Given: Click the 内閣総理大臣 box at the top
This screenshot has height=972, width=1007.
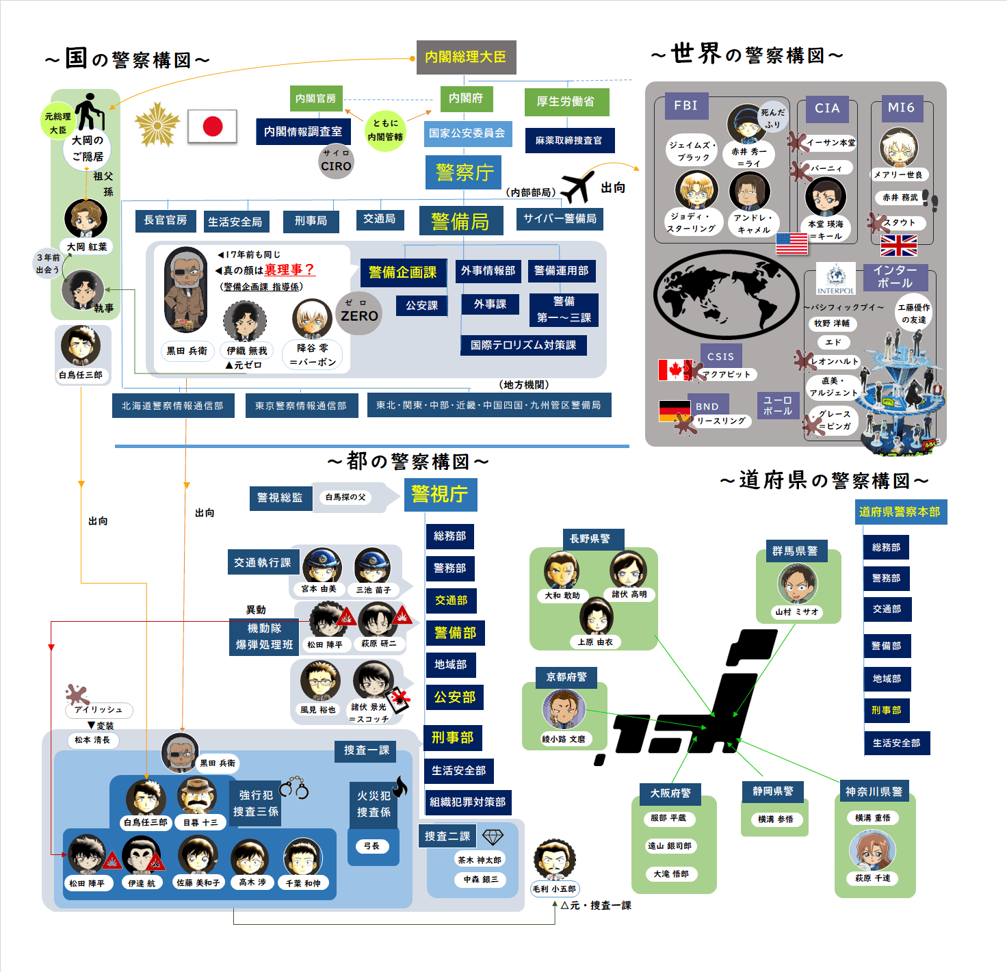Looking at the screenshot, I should click(x=466, y=57).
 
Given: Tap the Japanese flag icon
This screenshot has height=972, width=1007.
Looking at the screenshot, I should click(x=212, y=127).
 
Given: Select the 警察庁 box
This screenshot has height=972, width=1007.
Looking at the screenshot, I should click(x=464, y=172).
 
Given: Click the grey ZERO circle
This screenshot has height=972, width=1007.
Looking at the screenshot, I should click(x=359, y=313).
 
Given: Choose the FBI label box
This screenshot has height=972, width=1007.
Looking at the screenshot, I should click(x=685, y=106).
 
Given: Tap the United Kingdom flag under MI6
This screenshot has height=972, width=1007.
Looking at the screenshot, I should click(x=898, y=246).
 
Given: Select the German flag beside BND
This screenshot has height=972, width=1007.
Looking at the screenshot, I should click(x=675, y=410).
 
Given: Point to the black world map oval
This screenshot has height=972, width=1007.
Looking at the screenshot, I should click(x=726, y=295).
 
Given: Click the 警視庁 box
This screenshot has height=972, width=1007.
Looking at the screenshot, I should click(x=440, y=494).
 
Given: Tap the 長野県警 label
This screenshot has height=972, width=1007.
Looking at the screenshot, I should click(x=590, y=539).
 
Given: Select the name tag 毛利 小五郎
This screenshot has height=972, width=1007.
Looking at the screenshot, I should click(x=554, y=889).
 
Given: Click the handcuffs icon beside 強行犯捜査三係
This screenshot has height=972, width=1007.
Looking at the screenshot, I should click(x=295, y=787).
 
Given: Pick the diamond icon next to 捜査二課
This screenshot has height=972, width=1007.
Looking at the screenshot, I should click(x=493, y=837).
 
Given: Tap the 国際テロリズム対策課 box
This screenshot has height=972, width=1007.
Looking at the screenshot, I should click(x=523, y=345).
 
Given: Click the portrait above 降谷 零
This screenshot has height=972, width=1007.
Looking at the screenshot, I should click(x=312, y=319).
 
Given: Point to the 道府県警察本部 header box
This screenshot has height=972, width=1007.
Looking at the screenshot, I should click(x=900, y=512).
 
